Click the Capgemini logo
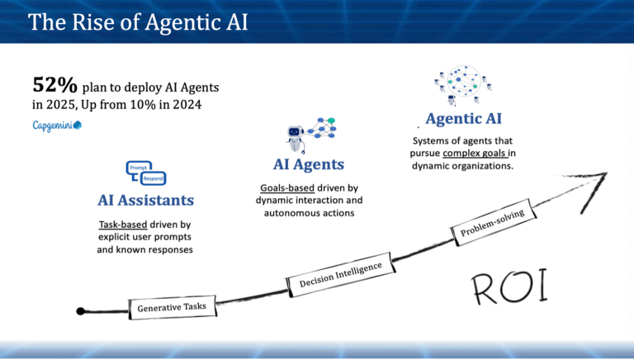pos(57,125)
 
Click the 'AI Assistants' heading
pos(145,200)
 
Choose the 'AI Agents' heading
pos(308,164)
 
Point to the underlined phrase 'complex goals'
pos(475,153)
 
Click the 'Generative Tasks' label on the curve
pos(172,307)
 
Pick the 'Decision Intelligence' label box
pos(339,273)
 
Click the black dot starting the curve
pos(80,311)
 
